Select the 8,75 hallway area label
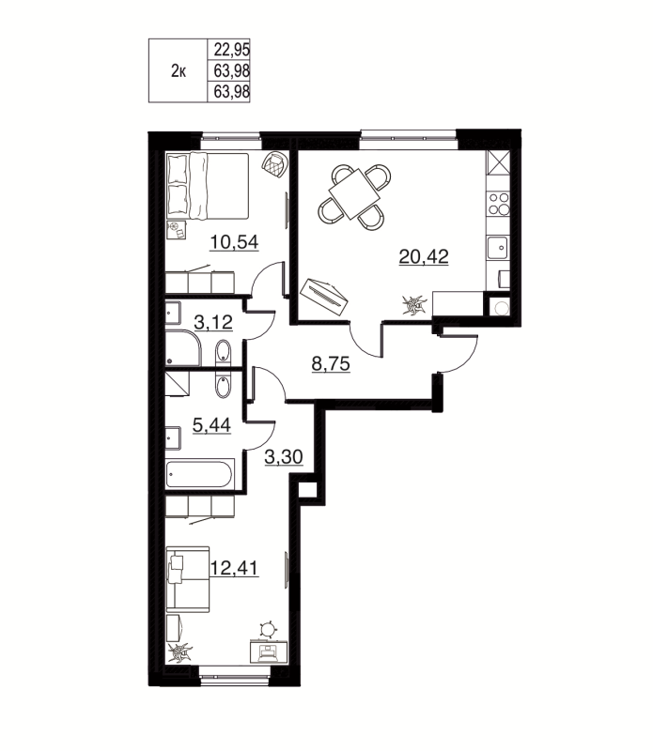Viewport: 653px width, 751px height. tap(330, 364)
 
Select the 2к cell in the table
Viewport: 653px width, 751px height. tap(177, 70)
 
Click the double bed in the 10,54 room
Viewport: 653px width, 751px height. tap(208, 185)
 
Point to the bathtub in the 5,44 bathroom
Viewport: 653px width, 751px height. tap(200, 473)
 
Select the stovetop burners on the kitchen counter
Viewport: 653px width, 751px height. tap(499, 204)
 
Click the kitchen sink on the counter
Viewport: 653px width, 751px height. tap(498, 248)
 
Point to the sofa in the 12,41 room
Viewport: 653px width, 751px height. tap(187, 573)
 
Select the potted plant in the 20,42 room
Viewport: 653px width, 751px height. tap(412, 305)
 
